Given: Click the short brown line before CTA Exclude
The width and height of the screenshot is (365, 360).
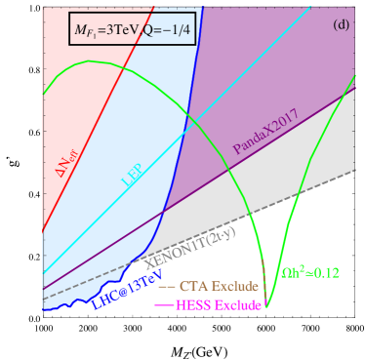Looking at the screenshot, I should coord(166,288).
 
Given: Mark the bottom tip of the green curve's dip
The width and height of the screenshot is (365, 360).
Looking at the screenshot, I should coord(266,306).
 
